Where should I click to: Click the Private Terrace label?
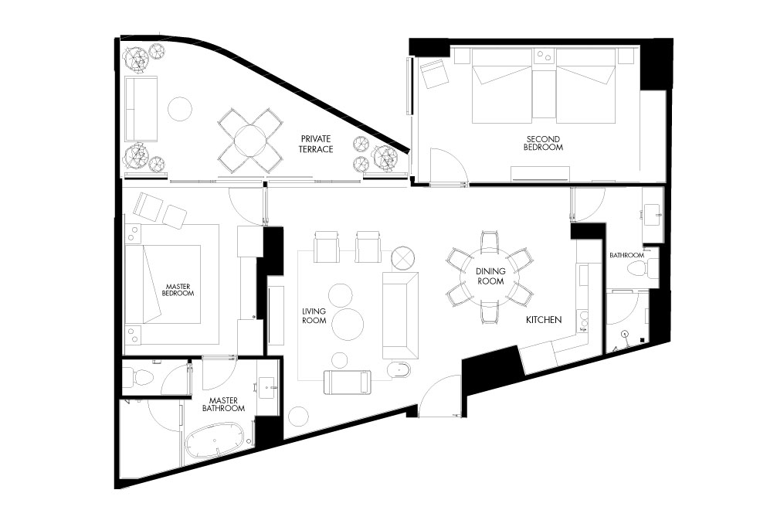[316, 144]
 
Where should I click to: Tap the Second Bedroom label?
[543, 143]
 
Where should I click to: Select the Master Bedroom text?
[178, 290]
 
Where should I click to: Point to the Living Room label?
[314, 316]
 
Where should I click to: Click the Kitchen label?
[544, 320]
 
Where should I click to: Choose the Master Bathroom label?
[223, 404]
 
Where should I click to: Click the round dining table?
[490, 276]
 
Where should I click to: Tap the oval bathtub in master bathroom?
[215, 440]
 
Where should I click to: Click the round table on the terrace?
[250, 141]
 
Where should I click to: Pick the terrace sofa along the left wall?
[141, 108]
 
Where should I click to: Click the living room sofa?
[400, 315]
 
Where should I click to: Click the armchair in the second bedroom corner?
[434, 73]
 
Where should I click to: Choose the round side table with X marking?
[402, 258]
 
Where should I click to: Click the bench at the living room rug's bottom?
[348, 382]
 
